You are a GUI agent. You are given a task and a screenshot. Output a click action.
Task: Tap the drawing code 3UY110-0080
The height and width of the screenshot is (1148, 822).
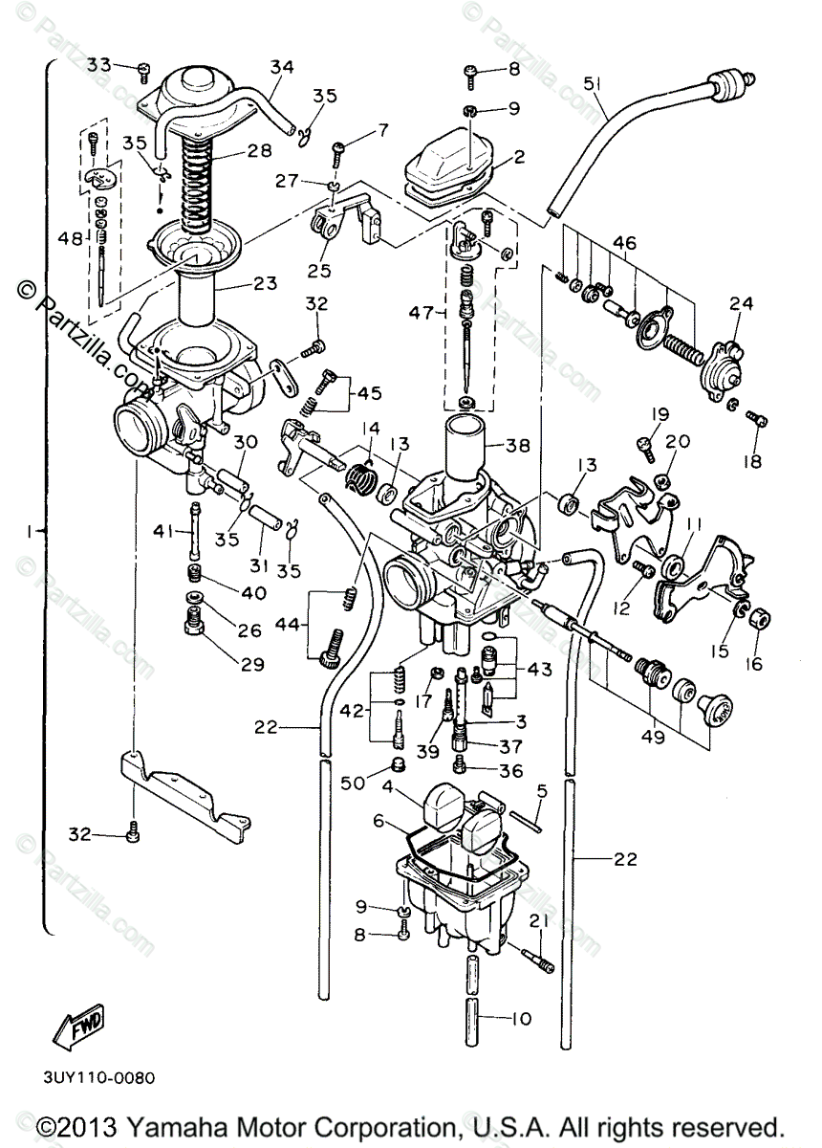click(99, 1076)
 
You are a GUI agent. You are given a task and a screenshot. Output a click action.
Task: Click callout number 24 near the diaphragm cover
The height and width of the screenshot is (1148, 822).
click(741, 304)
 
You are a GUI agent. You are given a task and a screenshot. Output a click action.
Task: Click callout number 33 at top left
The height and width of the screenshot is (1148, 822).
click(99, 65)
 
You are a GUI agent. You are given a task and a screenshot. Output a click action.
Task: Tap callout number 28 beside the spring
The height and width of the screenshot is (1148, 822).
click(259, 150)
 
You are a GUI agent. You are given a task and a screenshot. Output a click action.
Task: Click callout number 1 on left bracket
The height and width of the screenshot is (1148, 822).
click(33, 529)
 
